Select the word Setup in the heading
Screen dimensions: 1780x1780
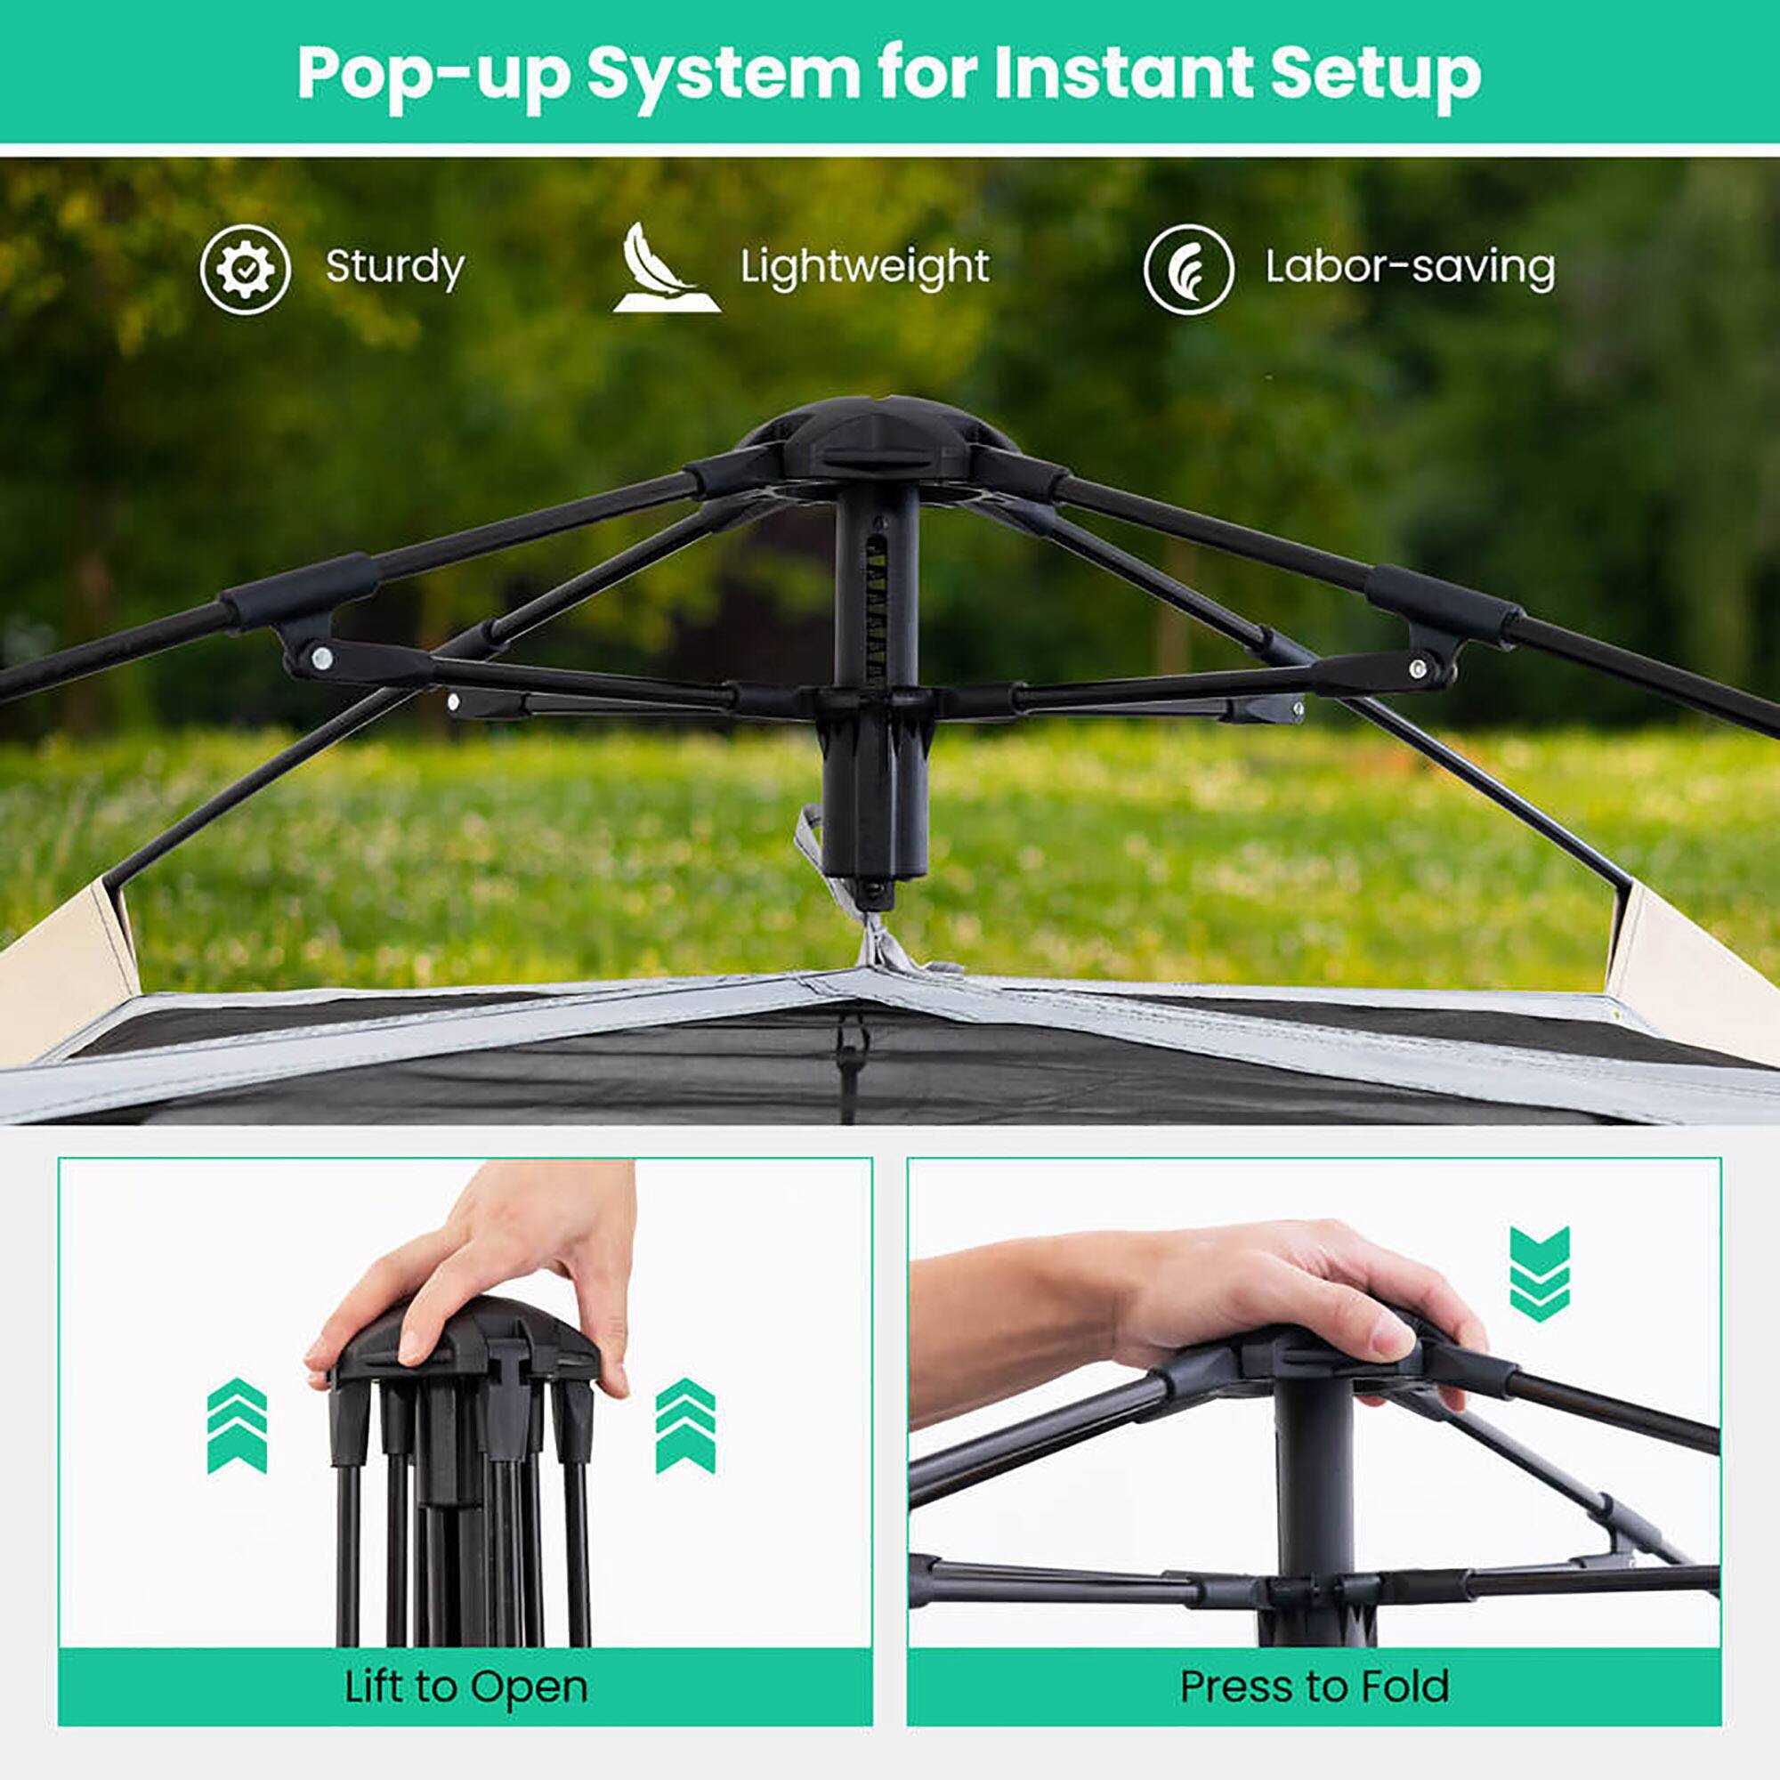coord(1375,74)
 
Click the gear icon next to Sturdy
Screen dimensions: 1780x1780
coord(245,269)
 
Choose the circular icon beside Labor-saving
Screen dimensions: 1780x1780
coord(1188,269)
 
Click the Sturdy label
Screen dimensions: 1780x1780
coord(394,268)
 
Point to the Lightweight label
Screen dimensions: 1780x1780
coord(864,268)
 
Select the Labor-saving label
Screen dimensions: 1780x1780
coord(1410,268)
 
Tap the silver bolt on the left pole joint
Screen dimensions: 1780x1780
coord(321,658)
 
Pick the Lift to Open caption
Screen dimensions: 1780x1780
coord(465,1687)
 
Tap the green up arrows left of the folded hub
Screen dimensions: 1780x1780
coord(237,1425)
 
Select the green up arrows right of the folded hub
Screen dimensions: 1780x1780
coord(684,1425)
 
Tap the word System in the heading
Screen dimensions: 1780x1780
coord(724,74)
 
